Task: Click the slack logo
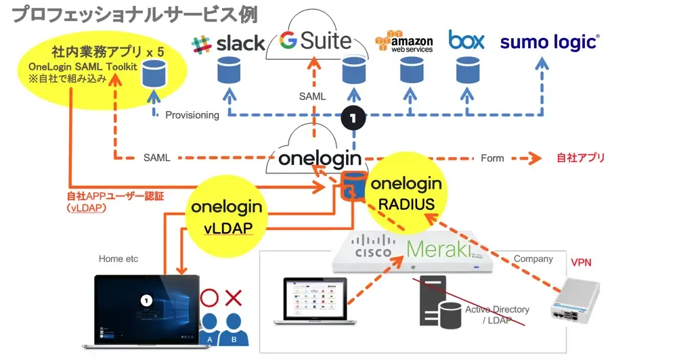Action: (x=228, y=43)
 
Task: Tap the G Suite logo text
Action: (x=316, y=41)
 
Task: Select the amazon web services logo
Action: (x=404, y=41)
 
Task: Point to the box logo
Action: (x=466, y=41)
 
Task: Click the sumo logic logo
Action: (x=549, y=42)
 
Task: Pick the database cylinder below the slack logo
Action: (x=227, y=68)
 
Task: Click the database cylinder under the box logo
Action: (x=466, y=68)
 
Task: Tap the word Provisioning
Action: (x=192, y=115)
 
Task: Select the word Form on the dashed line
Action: (x=492, y=158)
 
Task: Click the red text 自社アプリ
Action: (x=580, y=158)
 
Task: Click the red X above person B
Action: (x=234, y=296)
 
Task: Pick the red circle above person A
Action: (x=209, y=296)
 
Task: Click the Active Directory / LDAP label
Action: (x=497, y=314)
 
